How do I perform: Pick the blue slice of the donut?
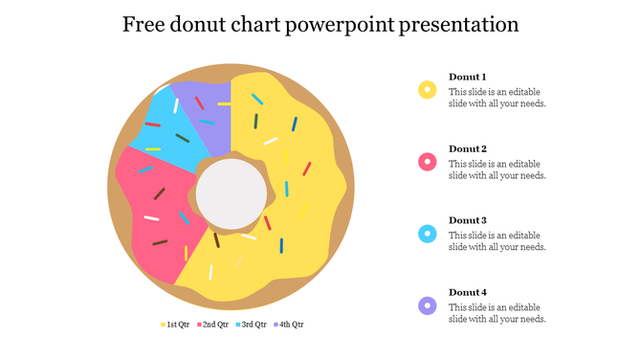point(172,129)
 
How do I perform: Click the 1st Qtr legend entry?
point(174,325)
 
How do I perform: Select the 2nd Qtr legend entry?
point(212,325)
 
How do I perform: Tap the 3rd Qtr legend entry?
point(250,325)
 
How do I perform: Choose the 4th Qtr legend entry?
point(288,325)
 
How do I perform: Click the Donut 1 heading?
point(468,77)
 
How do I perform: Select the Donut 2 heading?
point(468,148)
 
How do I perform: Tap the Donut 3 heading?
point(468,220)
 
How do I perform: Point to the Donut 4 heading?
point(468,292)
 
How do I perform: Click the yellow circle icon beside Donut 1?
point(428,90)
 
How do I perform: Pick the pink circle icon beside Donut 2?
point(428,162)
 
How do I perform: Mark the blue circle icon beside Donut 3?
point(428,234)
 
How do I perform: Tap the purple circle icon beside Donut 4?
point(428,305)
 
